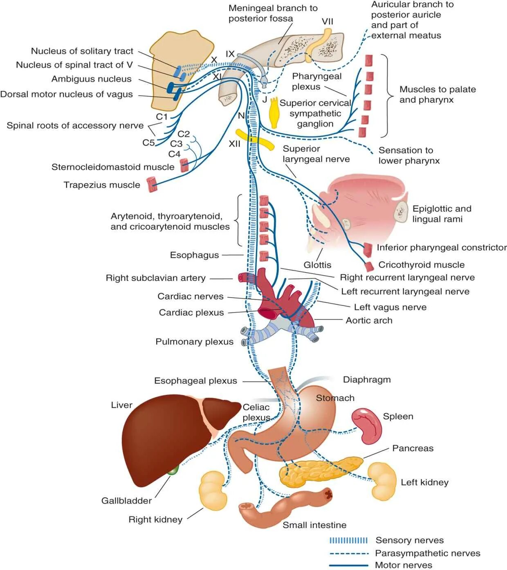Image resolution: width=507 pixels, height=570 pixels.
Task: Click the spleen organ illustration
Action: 367,426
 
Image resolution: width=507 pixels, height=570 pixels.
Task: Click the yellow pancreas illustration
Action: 319,471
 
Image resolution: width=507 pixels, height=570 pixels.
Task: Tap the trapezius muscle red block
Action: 152,184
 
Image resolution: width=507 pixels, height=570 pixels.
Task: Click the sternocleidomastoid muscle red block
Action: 184,165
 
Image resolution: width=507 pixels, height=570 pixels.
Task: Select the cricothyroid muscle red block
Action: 370,266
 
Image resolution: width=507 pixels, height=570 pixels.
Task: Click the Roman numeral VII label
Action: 327,21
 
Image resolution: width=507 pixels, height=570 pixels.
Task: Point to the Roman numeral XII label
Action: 234,144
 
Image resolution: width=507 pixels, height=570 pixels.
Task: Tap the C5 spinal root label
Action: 148,142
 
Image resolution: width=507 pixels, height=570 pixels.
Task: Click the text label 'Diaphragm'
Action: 367,380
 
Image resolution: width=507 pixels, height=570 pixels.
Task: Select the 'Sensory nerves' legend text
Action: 409,540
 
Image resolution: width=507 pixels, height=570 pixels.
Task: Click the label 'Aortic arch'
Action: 369,320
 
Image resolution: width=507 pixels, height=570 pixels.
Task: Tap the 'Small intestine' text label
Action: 314,525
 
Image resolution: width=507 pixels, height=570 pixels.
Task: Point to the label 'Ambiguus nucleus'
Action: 92,79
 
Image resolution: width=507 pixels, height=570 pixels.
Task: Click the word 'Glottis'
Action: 317,265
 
